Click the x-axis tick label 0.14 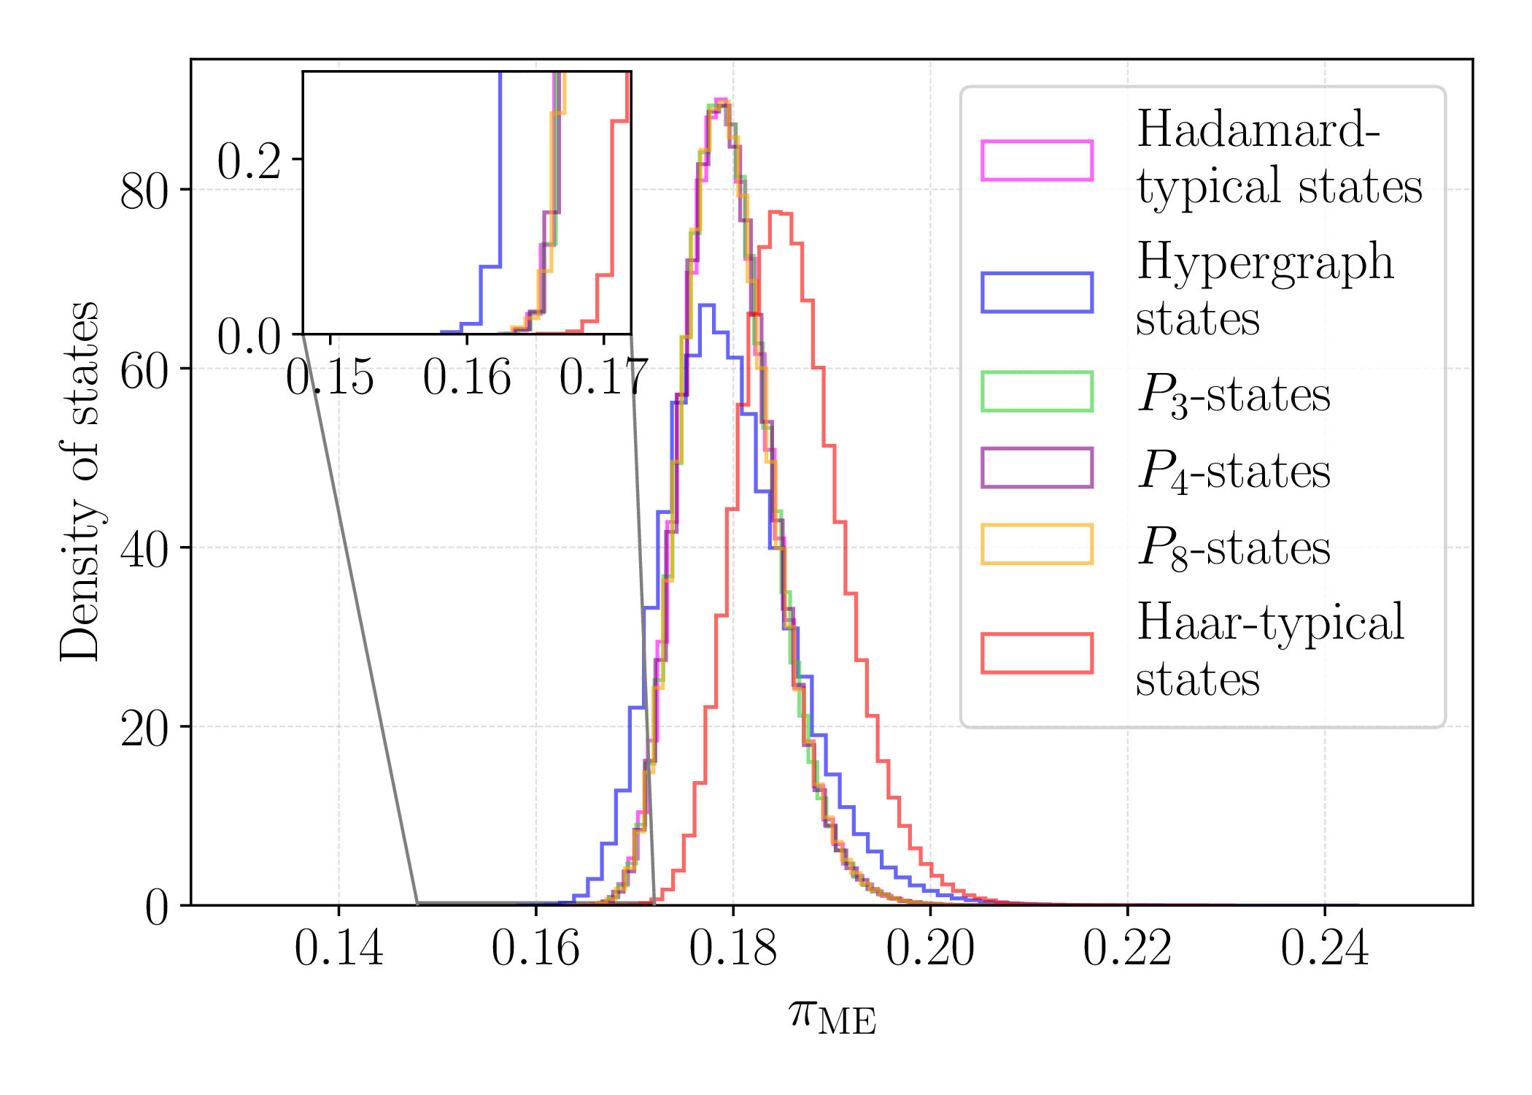[338, 949]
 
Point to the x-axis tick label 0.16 [535, 949]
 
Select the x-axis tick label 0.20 [930, 949]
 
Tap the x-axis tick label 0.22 [1127, 949]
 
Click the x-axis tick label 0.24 [1325, 949]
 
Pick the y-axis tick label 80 [144, 192]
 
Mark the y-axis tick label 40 [144, 550]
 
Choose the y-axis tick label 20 [144, 729]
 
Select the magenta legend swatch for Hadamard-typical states [1037, 160]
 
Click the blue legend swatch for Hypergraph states [1037, 293]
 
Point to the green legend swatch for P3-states [1037, 392]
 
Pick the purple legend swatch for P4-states [1037, 468]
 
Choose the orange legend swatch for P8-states [1037, 545]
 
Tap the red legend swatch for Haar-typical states [1037, 653]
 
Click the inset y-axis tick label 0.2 [249, 161]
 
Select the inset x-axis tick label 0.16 [467, 378]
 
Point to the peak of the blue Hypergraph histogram [707, 304]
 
